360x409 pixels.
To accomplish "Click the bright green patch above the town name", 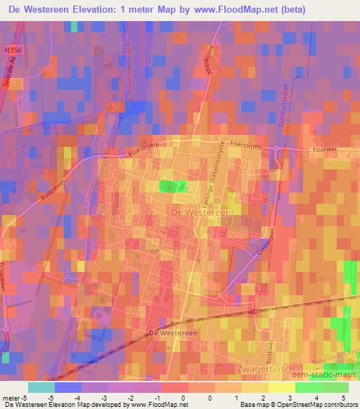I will [172, 186].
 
